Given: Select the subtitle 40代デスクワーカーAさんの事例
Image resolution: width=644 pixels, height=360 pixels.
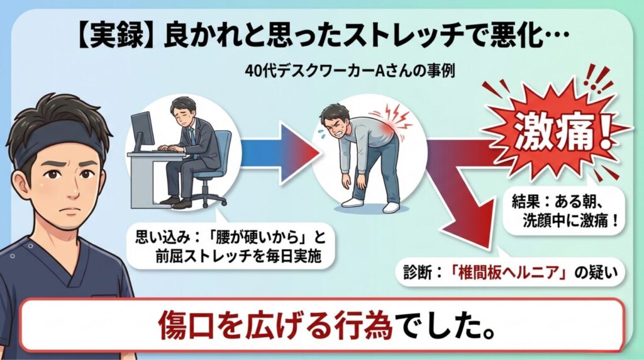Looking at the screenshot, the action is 350,71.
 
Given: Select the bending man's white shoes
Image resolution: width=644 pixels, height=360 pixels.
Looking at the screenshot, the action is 370,205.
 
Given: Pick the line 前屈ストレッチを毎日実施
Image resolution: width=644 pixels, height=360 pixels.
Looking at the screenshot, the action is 238,256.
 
